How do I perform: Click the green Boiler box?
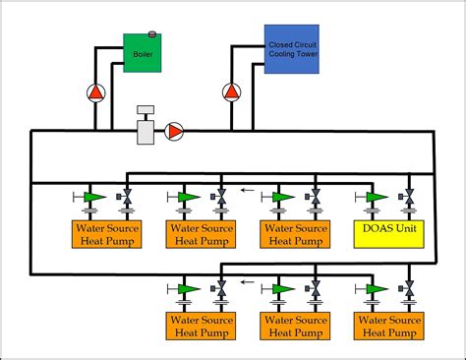pos(142,55)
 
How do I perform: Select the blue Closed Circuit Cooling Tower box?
pos(290,50)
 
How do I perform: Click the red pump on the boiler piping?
pos(96,93)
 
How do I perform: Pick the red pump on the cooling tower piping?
pos(231,93)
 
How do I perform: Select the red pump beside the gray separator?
pos(175,130)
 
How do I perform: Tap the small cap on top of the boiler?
pos(152,34)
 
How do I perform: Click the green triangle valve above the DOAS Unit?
pos(375,198)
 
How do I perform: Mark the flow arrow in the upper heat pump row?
pos(249,192)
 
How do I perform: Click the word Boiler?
pos(143,55)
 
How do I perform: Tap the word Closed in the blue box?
pos(279,45)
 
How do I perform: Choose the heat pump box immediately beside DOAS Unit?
pos(292,235)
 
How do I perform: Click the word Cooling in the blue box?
pos(283,56)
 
